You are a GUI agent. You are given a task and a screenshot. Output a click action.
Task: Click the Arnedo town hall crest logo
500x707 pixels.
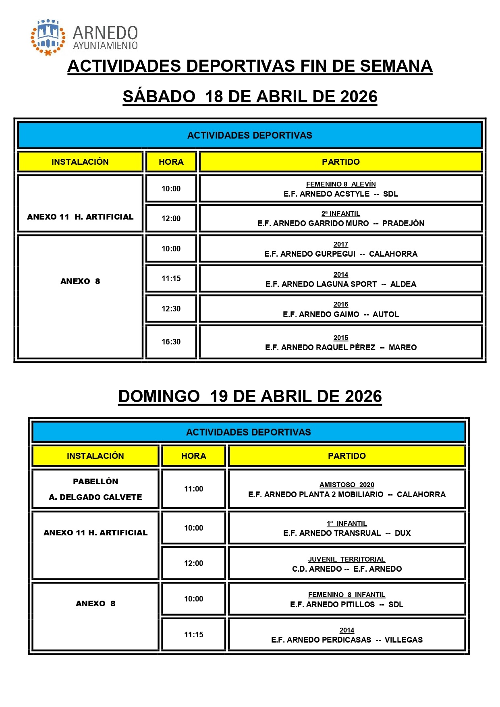[x=48, y=37]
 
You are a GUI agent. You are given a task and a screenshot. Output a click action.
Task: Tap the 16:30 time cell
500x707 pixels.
[x=171, y=342]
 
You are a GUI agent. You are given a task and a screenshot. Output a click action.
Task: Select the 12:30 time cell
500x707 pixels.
[x=171, y=309]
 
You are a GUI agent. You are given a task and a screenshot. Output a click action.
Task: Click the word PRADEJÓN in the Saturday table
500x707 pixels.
[x=403, y=224]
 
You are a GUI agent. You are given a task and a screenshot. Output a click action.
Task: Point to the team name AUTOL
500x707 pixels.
[x=386, y=315]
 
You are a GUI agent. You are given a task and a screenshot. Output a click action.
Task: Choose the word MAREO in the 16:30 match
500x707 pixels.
[x=402, y=348]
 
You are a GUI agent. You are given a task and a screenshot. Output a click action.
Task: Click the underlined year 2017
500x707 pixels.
[x=341, y=245]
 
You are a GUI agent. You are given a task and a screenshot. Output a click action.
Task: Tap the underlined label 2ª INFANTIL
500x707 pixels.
[x=341, y=214]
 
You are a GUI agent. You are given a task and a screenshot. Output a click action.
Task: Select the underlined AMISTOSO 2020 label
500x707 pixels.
[x=347, y=485]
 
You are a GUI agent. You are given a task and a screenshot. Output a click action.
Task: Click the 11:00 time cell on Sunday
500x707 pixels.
[x=193, y=489]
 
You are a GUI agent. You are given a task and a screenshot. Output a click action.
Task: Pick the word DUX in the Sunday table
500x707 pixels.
[x=402, y=533]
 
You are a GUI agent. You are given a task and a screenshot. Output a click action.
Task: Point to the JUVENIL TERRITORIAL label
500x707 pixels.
[x=347, y=560]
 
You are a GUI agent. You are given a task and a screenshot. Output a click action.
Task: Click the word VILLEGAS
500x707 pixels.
[x=403, y=640]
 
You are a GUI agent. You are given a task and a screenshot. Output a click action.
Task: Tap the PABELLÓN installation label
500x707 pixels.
[x=95, y=482]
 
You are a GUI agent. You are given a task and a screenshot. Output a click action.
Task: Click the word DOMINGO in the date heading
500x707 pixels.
[x=159, y=397]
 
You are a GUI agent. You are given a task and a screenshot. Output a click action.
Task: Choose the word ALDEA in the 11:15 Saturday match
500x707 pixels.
[x=403, y=284]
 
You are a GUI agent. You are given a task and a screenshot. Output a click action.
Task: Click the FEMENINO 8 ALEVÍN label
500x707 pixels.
[x=341, y=185]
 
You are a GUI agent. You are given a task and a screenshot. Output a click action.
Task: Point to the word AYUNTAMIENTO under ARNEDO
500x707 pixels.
[x=105, y=46]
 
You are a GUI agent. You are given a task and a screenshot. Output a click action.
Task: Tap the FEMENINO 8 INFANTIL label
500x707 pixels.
[x=347, y=595]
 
